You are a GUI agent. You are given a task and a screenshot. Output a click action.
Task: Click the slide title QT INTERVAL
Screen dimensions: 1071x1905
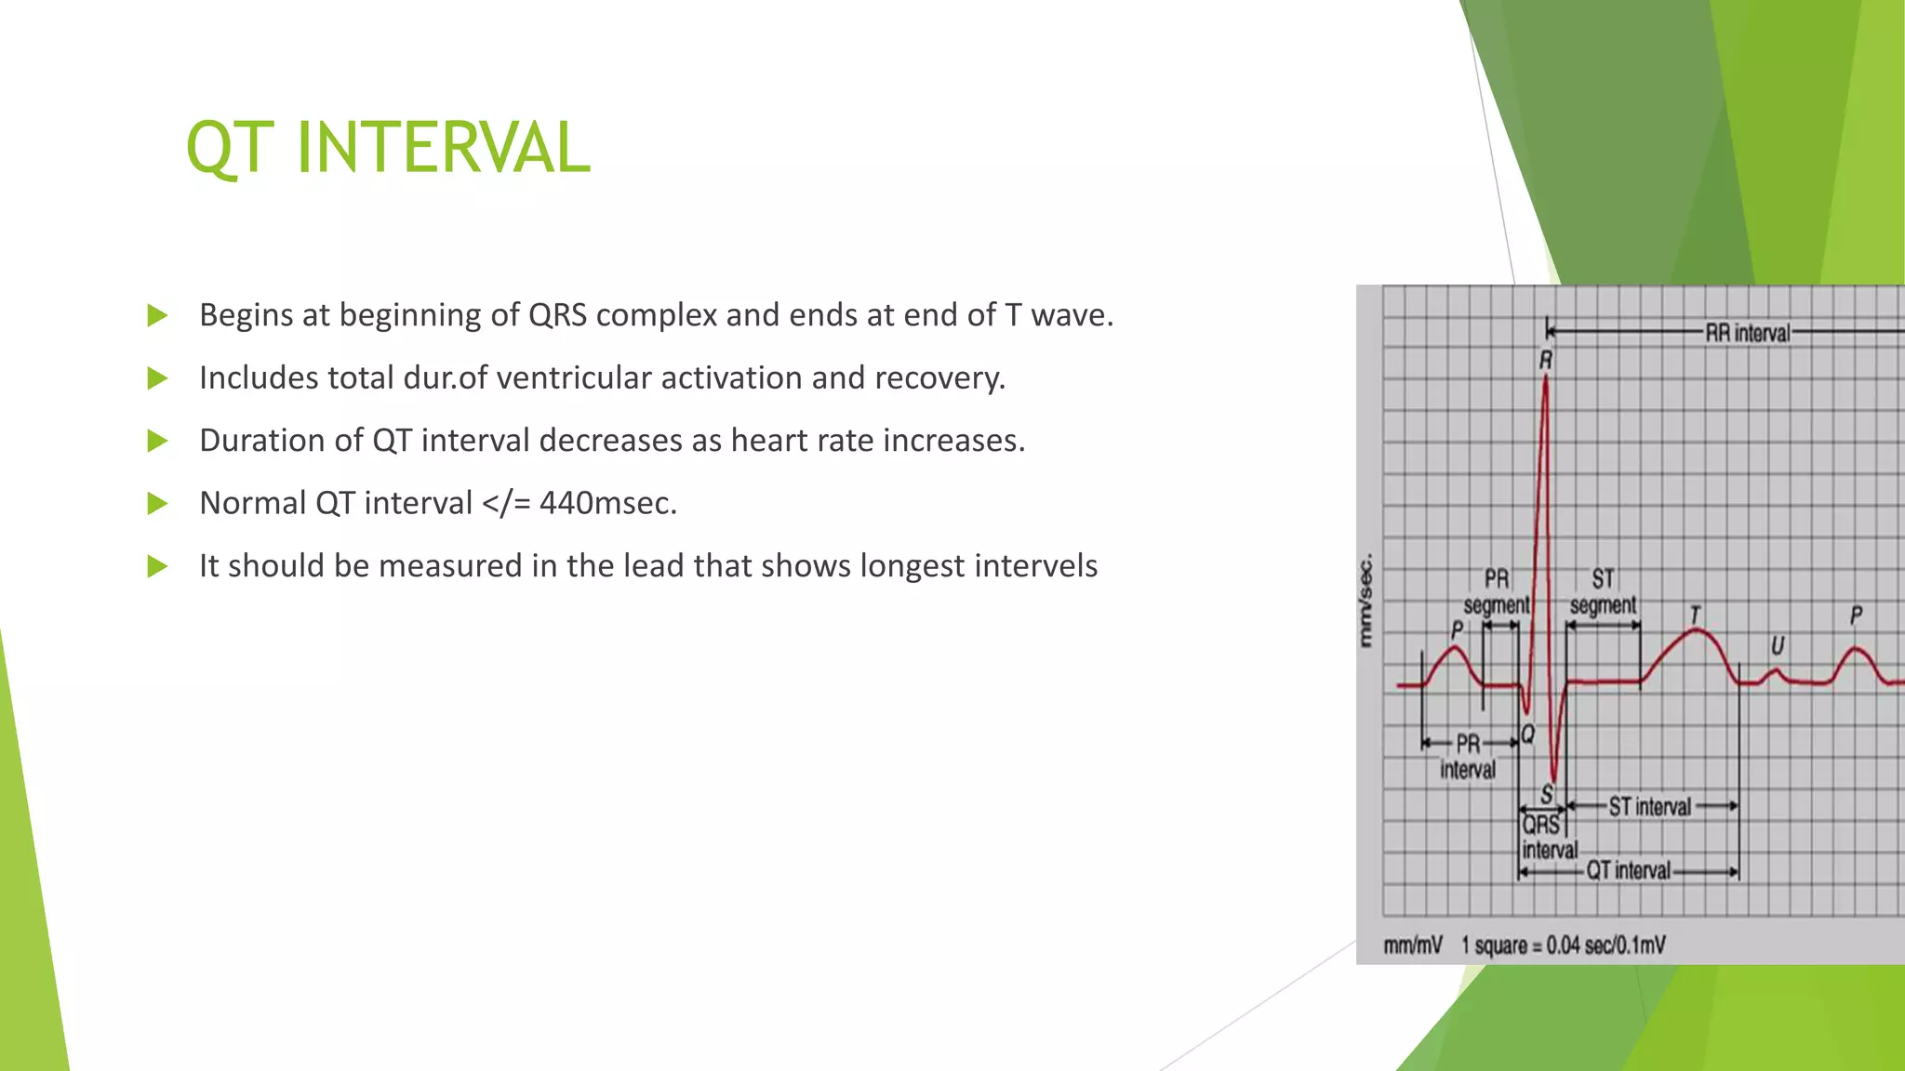[x=388, y=148]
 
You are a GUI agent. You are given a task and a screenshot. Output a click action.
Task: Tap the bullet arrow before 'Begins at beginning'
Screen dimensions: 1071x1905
[x=157, y=316]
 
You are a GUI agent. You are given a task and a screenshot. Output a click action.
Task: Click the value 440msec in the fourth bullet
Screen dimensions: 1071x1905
[x=607, y=503]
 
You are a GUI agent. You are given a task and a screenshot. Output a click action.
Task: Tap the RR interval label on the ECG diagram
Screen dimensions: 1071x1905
[x=1747, y=333]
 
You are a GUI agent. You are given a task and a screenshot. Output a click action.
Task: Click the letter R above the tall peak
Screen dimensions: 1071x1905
[x=1546, y=360]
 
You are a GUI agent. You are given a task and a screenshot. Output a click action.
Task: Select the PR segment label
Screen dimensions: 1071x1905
[x=1496, y=592]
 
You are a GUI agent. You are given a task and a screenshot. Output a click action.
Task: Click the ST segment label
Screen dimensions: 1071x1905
[x=1603, y=592]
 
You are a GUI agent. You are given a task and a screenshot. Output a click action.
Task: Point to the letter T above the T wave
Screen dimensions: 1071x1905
[x=1695, y=615]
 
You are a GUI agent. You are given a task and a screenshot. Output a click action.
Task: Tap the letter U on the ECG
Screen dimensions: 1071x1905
[x=1778, y=645]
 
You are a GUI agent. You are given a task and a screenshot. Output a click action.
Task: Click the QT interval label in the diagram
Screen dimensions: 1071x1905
[x=1628, y=870]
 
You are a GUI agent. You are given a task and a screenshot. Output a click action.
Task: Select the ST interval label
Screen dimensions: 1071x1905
[x=1649, y=807]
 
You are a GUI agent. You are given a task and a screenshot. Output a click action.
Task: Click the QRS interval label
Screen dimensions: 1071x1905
[x=1548, y=838]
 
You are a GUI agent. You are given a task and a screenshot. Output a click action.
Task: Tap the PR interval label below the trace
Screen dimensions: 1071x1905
[x=1468, y=757]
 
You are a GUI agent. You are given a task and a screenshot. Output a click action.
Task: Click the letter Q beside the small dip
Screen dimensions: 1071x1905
[x=1528, y=735]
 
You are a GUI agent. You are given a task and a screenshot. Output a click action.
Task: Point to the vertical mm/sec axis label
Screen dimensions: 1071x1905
[x=1365, y=601]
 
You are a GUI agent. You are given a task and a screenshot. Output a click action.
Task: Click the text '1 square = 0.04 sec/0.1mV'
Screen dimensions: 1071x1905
[x=1563, y=945]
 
